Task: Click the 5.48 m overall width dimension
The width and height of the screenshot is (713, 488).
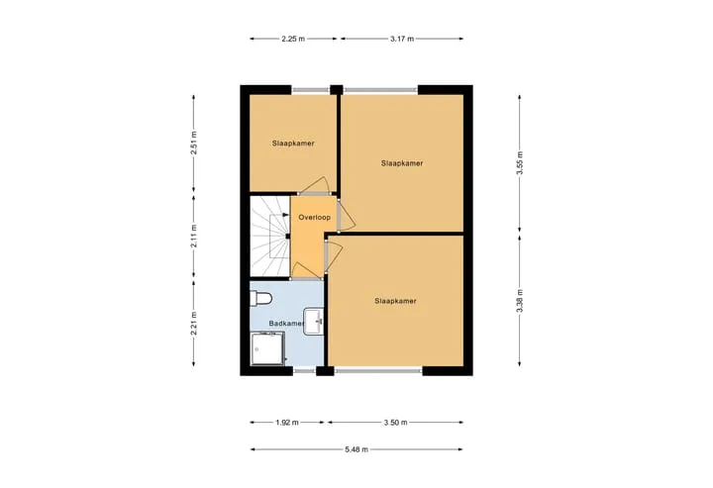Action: [x=356, y=449]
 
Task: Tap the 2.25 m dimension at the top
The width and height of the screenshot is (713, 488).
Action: [x=293, y=39]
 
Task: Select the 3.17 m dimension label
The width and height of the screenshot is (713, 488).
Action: [x=402, y=39]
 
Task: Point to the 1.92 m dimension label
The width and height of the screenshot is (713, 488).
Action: [x=287, y=422]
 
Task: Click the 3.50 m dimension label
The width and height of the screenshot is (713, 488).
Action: [x=395, y=422]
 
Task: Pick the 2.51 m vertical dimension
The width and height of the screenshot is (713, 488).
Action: [x=194, y=143]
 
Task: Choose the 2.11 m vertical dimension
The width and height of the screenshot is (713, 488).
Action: [x=194, y=237]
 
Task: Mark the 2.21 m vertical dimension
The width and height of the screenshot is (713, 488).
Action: [x=194, y=323]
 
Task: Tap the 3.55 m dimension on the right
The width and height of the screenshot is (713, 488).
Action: [x=520, y=162]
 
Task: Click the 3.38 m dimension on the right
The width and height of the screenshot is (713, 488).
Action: [x=520, y=301]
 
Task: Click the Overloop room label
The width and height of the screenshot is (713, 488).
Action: [x=314, y=217]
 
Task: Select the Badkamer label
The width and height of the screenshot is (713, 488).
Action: [x=286, y=324]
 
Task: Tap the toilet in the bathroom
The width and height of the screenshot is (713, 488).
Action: [x=260, y=299]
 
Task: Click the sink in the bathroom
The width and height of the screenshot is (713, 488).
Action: [x=314, y=322]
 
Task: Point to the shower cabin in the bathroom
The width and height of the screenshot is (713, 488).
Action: [x=268, y=348]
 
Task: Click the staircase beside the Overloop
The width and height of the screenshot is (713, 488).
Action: [x=270, y=237]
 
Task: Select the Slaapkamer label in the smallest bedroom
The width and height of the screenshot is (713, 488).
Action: [x=293, y=144]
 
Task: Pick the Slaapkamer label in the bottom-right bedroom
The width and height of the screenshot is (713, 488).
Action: [x=395, y=301]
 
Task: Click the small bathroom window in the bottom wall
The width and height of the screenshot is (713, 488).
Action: [x=304, y=371]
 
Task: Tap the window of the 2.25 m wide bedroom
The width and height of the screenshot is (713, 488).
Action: [x=311, y=90]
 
